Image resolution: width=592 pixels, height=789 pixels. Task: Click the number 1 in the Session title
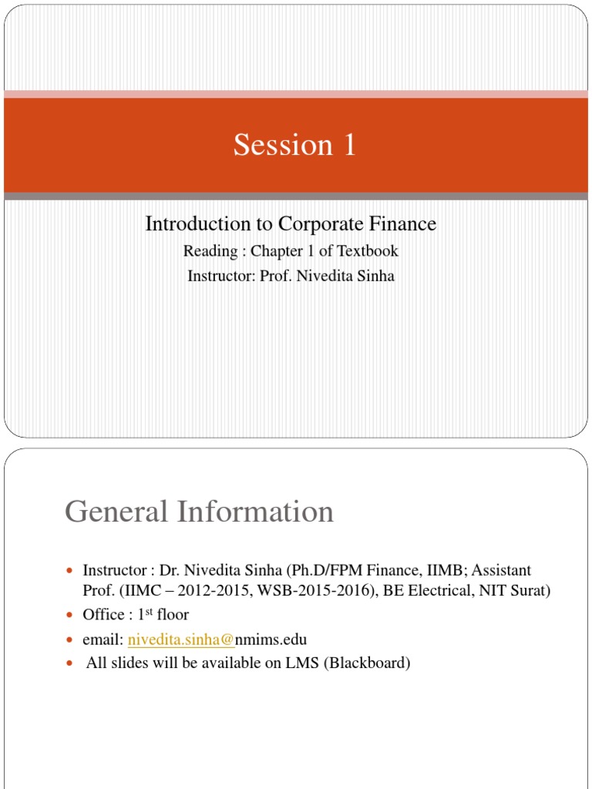click(349, 145)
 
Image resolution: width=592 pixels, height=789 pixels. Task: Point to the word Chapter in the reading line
click(274, 251)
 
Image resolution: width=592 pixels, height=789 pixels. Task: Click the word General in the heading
click(116, 512)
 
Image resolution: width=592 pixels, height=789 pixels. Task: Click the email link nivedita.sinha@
click(181, 640)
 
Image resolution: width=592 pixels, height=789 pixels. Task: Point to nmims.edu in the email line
click(271, 640)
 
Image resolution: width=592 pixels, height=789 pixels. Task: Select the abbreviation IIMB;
click(443, 571)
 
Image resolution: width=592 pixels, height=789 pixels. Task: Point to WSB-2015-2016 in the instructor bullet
click(301, 592)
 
